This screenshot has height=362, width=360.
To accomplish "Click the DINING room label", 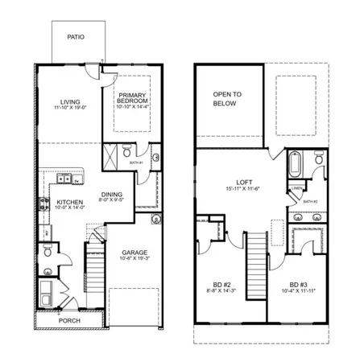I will [111, 194].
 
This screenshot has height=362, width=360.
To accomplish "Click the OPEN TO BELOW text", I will [229, 99].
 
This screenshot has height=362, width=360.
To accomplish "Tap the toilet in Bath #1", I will [128, 150].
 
